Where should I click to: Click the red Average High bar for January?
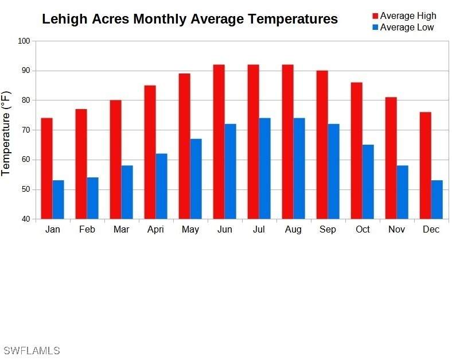point(46,168)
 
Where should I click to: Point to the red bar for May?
point(184,146)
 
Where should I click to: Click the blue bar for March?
point(127,192)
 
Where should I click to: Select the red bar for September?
point(322,145)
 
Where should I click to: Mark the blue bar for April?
point(161,186)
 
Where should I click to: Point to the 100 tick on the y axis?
point(24,41)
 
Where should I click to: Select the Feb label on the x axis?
point(87,230)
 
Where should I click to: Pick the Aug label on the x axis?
point(293,230)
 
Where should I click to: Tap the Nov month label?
point(396,230)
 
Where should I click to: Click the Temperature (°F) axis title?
point(6,133)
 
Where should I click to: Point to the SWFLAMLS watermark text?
point(31,350)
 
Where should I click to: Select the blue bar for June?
point(230,171)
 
